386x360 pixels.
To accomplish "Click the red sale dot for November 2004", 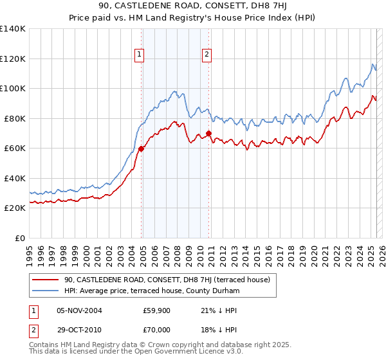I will tap(141, 148).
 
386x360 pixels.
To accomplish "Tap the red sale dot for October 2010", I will tap(208, 134).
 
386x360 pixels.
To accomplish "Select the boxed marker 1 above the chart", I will tap(140, 55).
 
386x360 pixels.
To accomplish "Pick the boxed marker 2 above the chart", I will tap(207, 55).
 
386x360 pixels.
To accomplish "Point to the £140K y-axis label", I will tap(12, 29).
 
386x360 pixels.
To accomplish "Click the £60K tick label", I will tap(14, 148).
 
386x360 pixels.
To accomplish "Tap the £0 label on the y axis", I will tap(20, 238).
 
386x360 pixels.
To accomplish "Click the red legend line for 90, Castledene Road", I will tap(44, 280).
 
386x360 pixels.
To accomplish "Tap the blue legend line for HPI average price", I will tap(44, 291).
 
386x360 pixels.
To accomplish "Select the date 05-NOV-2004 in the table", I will tap(79, 311).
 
